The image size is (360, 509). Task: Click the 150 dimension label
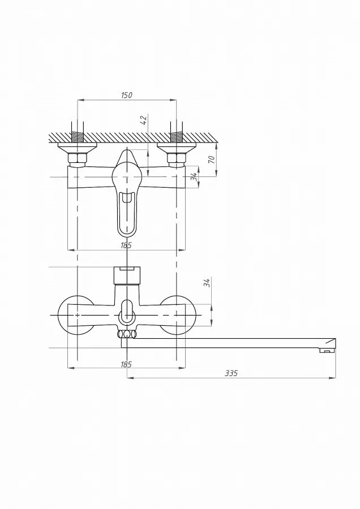pyautogui.click(x=127, y=95)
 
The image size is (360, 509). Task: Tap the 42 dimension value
pyautogui.click(x=145, y=119)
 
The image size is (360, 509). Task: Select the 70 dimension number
pyautogui.click(x=212, y=159)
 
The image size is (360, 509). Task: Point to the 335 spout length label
pyautogui.click(x=232, y=373)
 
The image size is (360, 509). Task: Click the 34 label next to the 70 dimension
pyautogui.click(x=194, y=176)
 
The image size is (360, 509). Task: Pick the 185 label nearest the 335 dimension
pyautogui.click(x=126, y=364)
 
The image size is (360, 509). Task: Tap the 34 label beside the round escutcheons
pyautogui.click(x=207, y=282)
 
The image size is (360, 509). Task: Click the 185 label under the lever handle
pyautogui.click(x=126, y=245)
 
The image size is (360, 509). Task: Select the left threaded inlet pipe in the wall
pyautogui.click(x=78, y=132)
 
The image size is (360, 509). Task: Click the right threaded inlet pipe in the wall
pyautogui.click(x=176, y=132)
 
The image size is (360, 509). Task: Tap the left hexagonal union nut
pyautogui.click(x=78, y=159)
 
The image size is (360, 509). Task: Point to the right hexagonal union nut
pyautogui.click(x=176, y=159)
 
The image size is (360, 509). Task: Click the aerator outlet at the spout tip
pyautogui.click(x=327, y=350)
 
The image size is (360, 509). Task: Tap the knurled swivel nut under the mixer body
pyautogui.click(x=126, y=334)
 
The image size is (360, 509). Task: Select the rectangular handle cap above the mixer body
pyautogui.click(x=127, y=275)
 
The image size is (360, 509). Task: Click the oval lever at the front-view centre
pyautogui.click(x=127, y=312)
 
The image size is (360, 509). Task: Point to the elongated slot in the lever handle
pyautogui.click(x=127, y=213)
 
